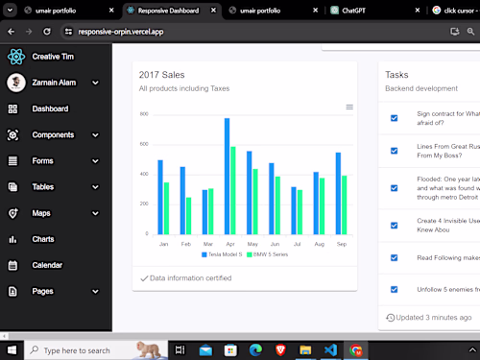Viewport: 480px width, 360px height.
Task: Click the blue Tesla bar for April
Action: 227,177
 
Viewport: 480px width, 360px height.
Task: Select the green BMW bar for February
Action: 188,216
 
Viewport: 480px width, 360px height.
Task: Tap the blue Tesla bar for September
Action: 338,193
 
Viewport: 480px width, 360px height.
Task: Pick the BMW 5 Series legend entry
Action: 272,254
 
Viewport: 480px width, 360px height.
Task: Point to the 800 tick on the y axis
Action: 144,114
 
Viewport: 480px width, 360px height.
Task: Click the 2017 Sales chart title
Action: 161,74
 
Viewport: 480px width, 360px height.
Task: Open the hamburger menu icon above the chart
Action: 349,107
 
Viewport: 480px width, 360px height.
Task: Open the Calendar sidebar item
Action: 47,265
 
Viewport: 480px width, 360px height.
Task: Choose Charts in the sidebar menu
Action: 43,239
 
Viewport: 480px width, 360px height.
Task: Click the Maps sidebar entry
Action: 41,213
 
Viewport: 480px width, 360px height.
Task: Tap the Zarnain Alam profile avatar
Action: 15,83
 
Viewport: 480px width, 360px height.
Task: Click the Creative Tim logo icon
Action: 15,57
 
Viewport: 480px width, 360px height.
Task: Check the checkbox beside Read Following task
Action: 394,257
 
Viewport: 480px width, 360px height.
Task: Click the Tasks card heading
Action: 396,74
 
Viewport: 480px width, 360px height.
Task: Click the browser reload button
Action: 46,32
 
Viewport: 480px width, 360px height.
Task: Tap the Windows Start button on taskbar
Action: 11,350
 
